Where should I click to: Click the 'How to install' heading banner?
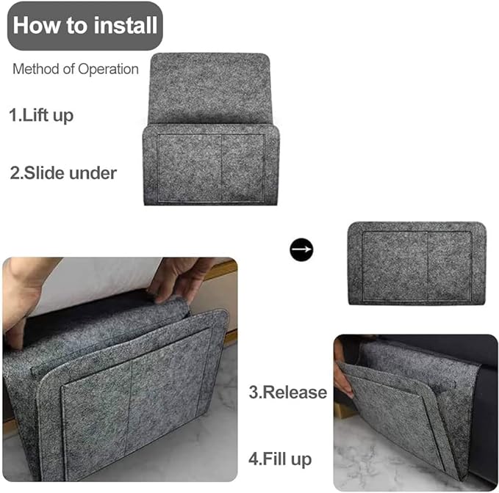85,26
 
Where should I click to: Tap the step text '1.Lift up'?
41,115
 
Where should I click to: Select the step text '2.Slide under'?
63,173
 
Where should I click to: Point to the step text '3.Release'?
287,392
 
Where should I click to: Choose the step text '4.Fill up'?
280,459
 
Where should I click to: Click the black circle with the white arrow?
301,249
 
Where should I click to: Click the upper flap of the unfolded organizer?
209,88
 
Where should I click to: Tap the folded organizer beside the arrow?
417,263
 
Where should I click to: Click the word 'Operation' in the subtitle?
108,69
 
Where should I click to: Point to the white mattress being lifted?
96,280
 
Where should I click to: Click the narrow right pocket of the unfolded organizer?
243,168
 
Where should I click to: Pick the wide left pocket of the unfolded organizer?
190,168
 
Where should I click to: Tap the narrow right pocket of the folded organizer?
449,266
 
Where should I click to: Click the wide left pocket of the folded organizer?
395,266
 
